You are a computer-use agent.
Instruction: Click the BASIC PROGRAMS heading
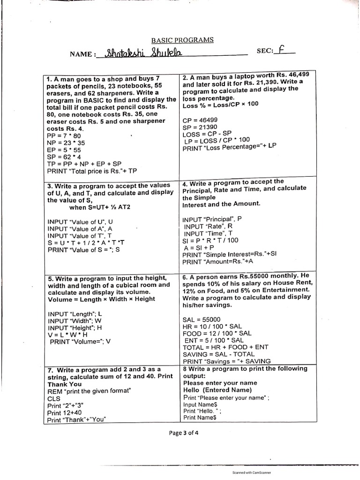point(182,40)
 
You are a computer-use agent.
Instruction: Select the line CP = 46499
point(200,120)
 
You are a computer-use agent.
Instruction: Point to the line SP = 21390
point(200,127)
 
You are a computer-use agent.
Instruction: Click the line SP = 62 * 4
point(65,157)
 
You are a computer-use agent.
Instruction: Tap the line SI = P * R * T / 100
point(211,240)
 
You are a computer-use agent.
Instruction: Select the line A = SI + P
point(200,247)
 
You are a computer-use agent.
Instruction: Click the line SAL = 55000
point(202,319)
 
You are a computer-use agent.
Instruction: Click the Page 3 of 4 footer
point(184,433)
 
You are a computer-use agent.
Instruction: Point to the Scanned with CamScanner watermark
point(252,472)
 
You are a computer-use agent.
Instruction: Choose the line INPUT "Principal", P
point(212,219)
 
